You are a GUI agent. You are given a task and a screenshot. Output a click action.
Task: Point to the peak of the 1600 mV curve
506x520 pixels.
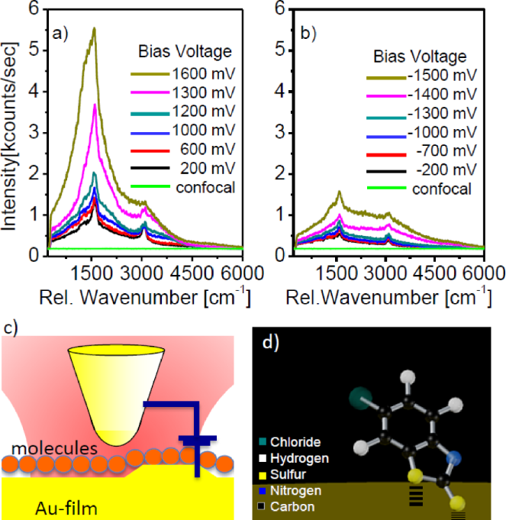94,28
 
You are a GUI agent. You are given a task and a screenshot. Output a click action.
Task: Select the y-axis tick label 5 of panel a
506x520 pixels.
34,50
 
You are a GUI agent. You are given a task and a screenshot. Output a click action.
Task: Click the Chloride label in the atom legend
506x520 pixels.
300,442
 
